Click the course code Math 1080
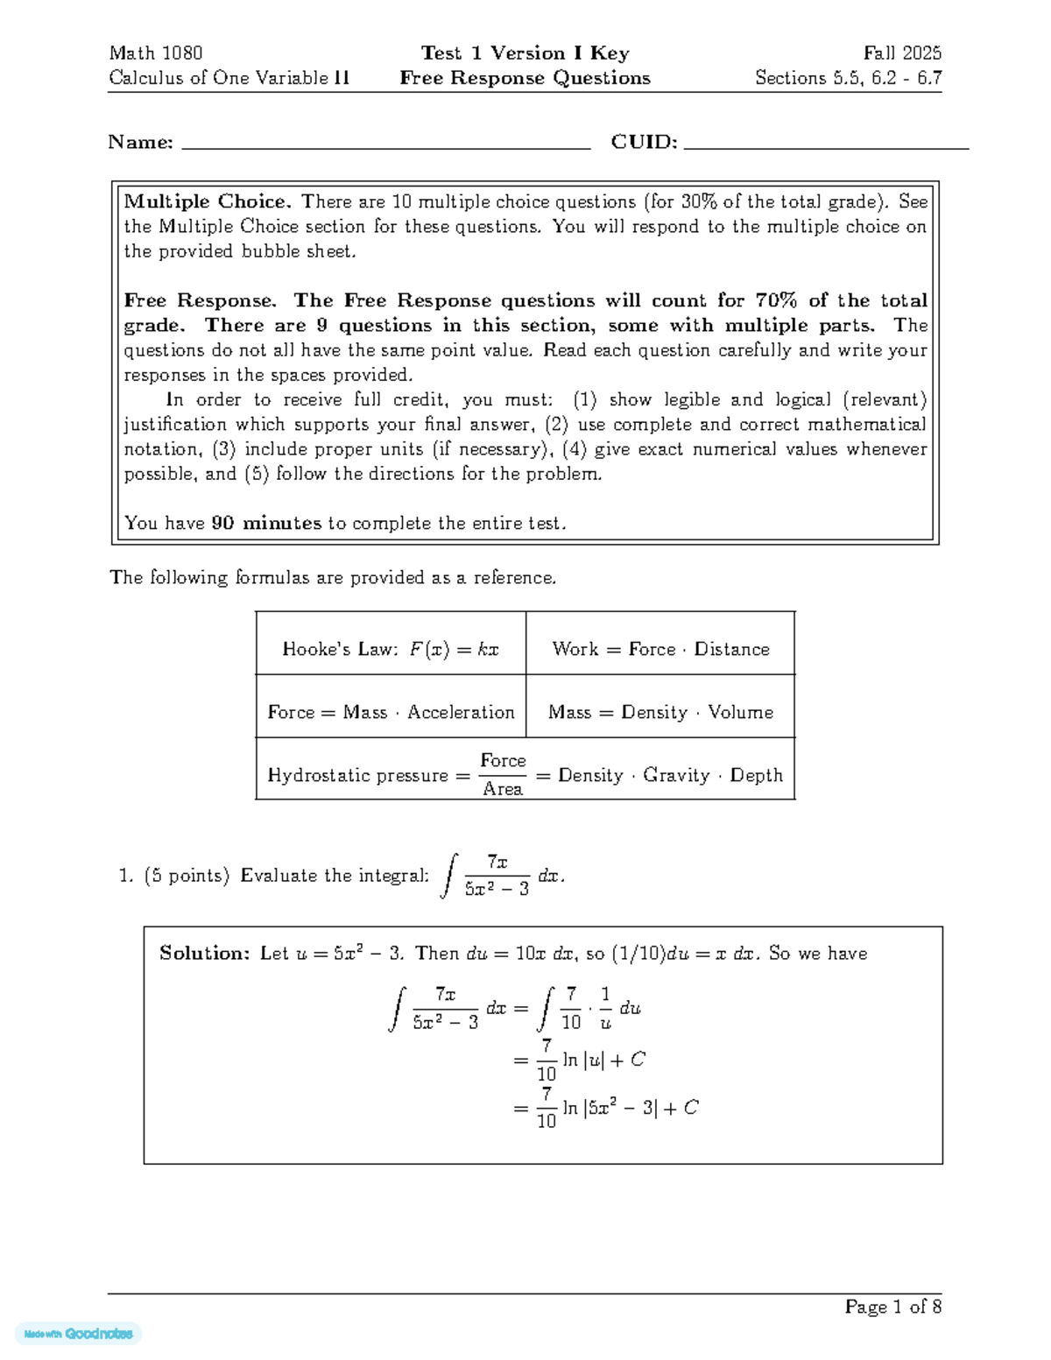tap(156, 53)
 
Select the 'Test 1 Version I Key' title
tap(525, 53)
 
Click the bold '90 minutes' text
tap(266, 523)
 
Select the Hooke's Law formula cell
tap(391, 649)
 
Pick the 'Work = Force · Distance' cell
tap(660, 649)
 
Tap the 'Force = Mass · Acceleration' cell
tap(391, 712)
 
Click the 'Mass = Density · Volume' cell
tap(660, 712)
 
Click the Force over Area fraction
tap(503, 775)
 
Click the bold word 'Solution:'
tap(205, 953)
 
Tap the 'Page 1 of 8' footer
tap(892, 1307)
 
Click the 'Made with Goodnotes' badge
tap(79, 1334)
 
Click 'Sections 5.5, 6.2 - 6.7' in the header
tap(848, 78)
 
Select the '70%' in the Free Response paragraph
tap(775, 300)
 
